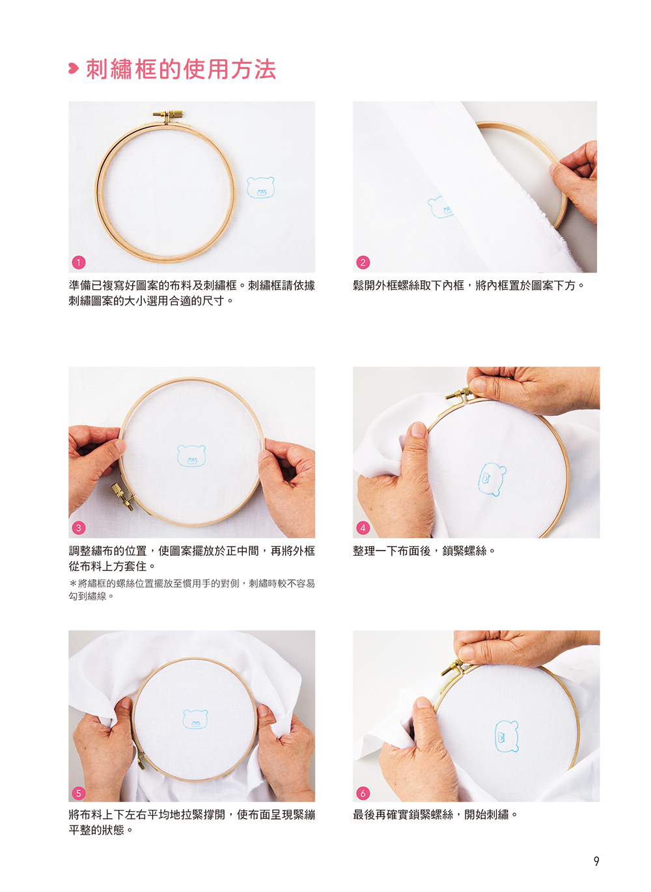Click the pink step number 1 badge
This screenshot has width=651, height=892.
coord(79,263)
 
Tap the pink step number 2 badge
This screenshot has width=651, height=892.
coord(363,263)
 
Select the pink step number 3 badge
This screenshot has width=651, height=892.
coord(79,528)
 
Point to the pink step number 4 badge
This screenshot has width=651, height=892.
coord(363,528)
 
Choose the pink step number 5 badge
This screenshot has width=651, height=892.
coord(79,793)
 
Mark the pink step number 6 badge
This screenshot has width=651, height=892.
coord(363,793)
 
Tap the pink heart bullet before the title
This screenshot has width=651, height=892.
coord(73,68)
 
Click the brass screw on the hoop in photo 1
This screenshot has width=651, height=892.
coord(169,116)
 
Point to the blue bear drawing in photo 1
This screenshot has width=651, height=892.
coord(260,188)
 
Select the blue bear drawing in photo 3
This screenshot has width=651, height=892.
coord(191,455)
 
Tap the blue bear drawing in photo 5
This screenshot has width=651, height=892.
coord(195,719)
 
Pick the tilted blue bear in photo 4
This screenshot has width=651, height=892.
coord(492,479)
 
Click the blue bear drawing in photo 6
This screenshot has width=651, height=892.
coord(507,736)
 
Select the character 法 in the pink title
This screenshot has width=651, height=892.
coord(265,69)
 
